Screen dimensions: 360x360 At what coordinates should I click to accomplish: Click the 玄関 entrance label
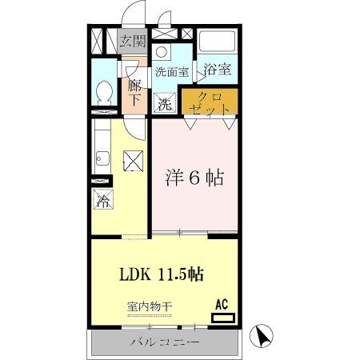[x=132, y=42]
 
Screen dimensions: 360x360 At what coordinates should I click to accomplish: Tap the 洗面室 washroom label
[x=172, y=71]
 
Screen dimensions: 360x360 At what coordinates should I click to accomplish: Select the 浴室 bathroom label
[x=216, y=69]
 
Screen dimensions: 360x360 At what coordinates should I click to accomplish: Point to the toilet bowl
[x=103, y=93]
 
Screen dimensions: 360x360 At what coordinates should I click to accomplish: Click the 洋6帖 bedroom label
[x=194, y=178]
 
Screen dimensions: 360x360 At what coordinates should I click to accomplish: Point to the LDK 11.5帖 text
[x=163, y=274]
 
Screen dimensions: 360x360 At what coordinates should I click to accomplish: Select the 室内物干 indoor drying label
[x=149, y=306]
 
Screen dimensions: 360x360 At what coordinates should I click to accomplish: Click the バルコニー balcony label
[x=165, y=344]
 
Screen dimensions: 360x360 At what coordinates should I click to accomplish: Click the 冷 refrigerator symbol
[x=103, y=200]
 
